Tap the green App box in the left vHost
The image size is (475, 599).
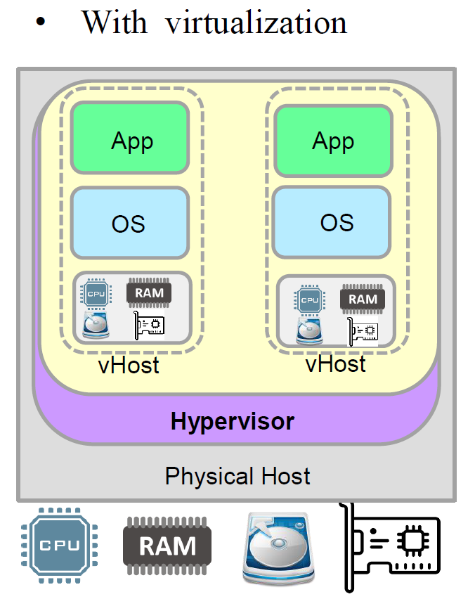click(131, 139)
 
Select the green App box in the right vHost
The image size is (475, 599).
click(332, 141)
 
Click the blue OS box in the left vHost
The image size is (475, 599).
click(130, 222)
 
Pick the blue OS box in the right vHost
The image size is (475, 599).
click(332, 221)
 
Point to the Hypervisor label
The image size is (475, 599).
click(232, 422)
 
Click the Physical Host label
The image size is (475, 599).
click(237, 476)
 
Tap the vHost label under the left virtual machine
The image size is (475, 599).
click(129, 366)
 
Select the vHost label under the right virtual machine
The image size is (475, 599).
click(335, 363)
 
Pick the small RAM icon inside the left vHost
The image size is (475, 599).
click(149, 293)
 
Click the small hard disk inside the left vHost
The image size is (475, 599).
click(96, 325)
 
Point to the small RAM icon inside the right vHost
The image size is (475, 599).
click(363, 299)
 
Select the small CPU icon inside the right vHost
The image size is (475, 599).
click(309, 300)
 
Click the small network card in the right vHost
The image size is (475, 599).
click(363, 330)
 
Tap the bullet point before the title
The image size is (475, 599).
click(40, 23)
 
